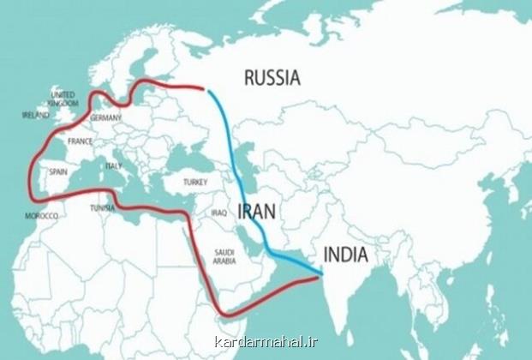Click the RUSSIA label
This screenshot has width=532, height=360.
pyautogui.click(x=272, y=78)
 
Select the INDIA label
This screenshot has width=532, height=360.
pyautogui.click(x=345, y=255)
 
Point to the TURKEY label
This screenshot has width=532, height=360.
pyautogui.click(x=196, y=182)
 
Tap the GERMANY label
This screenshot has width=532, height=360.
pyautogui.click(x=105, y=117)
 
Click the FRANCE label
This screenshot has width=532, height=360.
pyautogui.click(x=80, y=141)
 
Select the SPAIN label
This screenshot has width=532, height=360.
pyautogui.click(x=57, y=171)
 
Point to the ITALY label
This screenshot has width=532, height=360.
pyautogui.click(x=113, y=165)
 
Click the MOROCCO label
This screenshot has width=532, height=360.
pyautogui.click(x=41, y=216)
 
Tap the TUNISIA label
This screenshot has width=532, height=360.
pyautogui.click(x=104, y=207)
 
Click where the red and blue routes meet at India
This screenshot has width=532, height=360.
pyautogui.click(x=321, y=275)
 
